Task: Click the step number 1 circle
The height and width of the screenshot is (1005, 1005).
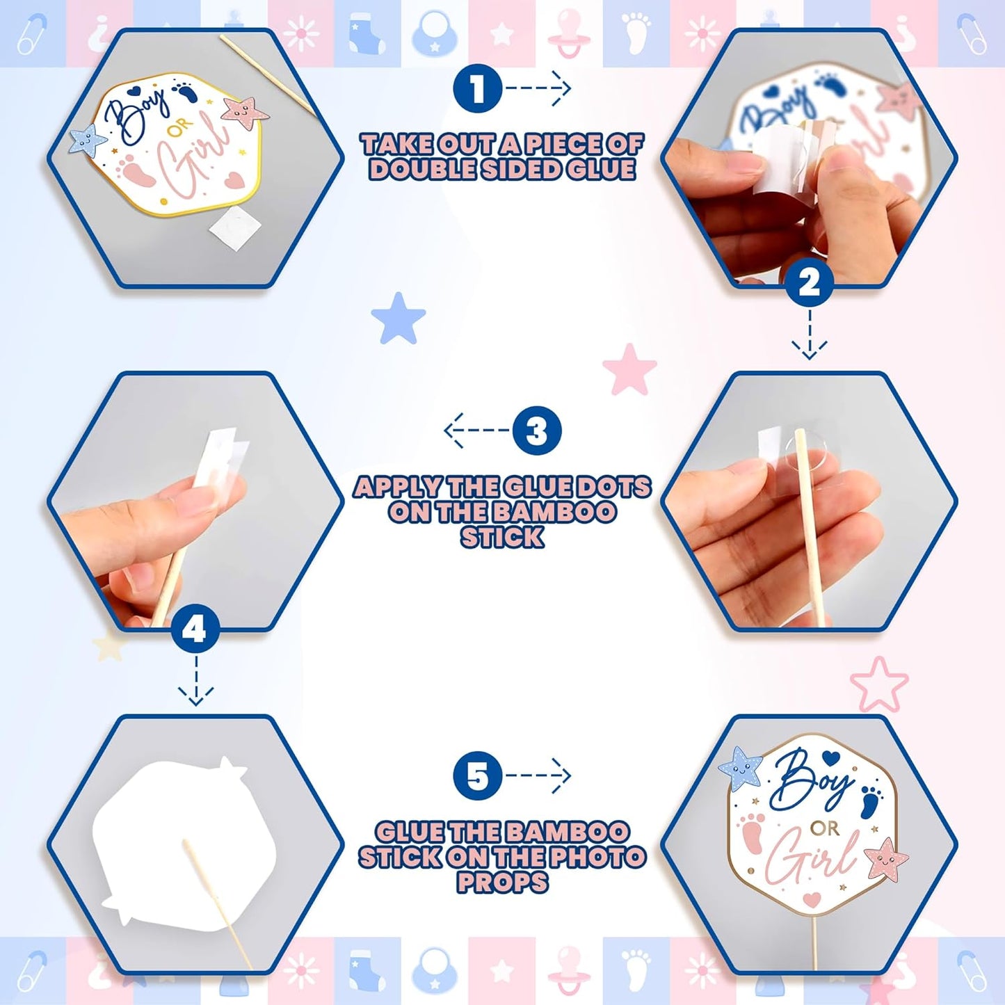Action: point(478,88)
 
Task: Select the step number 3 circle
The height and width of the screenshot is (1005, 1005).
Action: point(537,431)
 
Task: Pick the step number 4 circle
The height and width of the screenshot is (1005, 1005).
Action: point(195,631)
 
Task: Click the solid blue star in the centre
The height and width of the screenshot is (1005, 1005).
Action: point(399,318)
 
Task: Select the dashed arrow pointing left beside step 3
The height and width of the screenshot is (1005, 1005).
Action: point(476,431)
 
